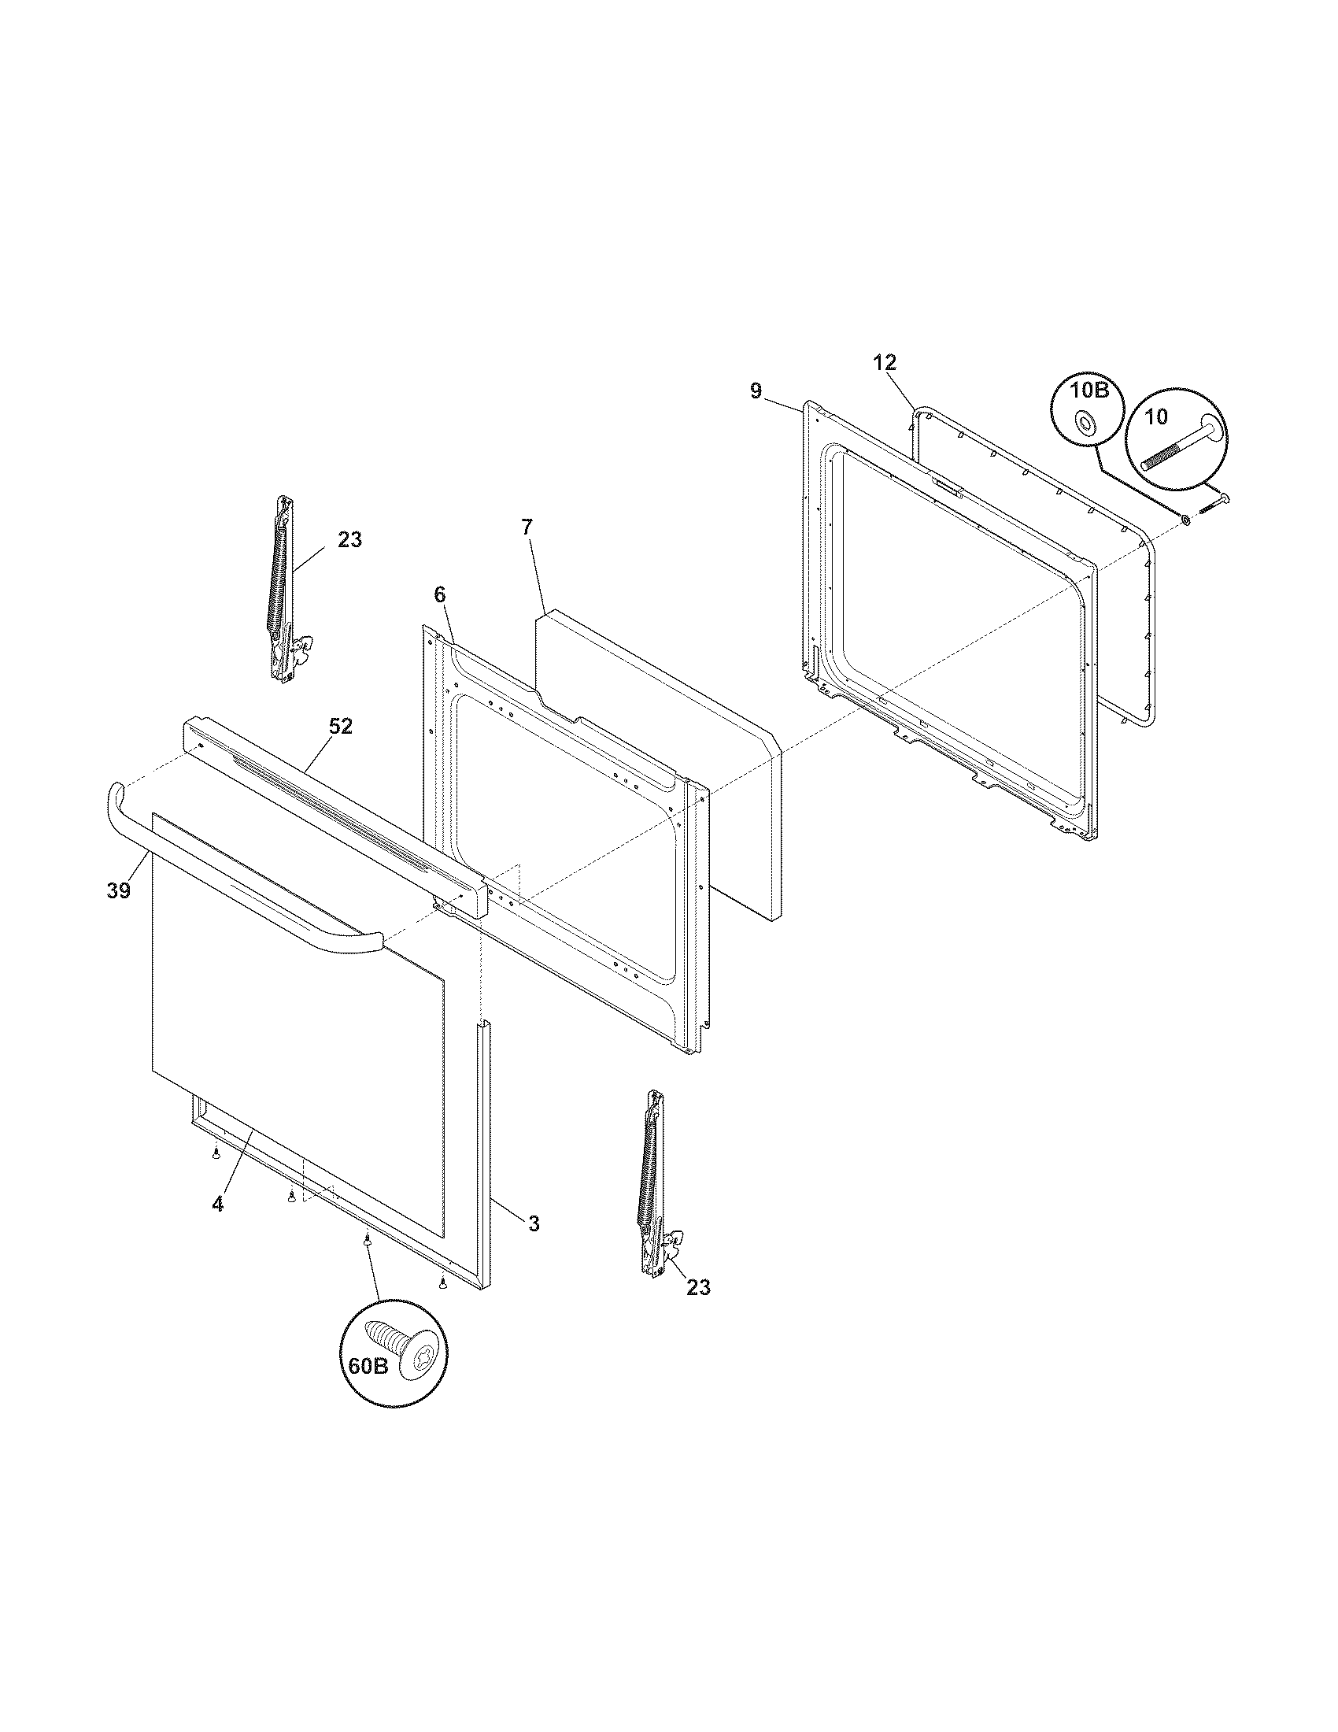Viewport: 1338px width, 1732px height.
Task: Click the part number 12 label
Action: (x=885, y=362)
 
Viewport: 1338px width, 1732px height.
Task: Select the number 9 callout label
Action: (x=756, y=390)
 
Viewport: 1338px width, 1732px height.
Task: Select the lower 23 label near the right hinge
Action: (x=698, y=1287)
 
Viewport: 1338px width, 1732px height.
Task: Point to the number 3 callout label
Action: (x=534, y=1223)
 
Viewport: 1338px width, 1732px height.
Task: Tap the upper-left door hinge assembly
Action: (x=286, y=587)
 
